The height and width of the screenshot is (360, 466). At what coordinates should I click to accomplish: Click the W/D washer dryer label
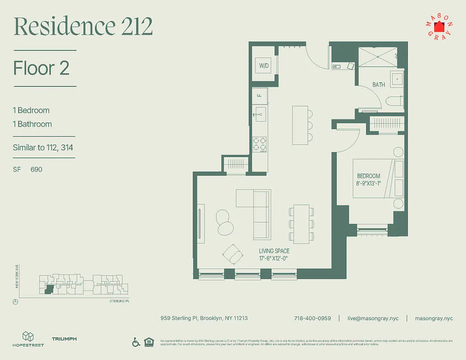(263, 66)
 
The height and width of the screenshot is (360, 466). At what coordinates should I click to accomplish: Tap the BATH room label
(379, 85)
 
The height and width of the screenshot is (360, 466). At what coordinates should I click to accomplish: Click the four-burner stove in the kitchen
(259, 144)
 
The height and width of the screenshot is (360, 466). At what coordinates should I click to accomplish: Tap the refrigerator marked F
(259, 95)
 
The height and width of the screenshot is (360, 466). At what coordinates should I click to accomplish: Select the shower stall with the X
(377, 57)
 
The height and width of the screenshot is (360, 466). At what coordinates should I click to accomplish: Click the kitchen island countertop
(299, 125)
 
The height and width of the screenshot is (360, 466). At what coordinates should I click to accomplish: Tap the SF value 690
(36, 170)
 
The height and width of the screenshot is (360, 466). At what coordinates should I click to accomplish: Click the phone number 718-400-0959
(312, 318)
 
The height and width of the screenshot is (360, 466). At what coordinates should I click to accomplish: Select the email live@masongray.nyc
(372, 318)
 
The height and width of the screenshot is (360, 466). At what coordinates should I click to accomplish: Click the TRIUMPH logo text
(64, 339)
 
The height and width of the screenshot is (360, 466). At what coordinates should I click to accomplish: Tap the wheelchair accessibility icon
(136, 342)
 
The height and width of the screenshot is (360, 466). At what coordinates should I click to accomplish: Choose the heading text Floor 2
(41, 68)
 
